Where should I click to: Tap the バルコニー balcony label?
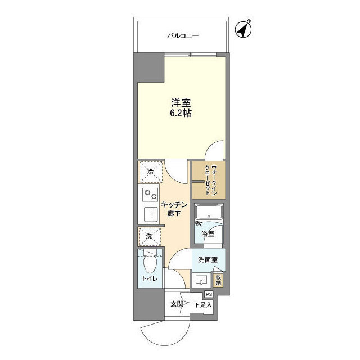182,36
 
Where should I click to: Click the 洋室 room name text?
181,103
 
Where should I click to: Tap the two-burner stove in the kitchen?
150,196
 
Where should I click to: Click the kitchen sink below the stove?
150,214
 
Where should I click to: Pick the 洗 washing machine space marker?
150,237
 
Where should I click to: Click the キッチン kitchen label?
174,205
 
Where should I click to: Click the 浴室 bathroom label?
208,233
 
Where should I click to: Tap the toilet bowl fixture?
150,262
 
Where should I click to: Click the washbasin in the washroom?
202,279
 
